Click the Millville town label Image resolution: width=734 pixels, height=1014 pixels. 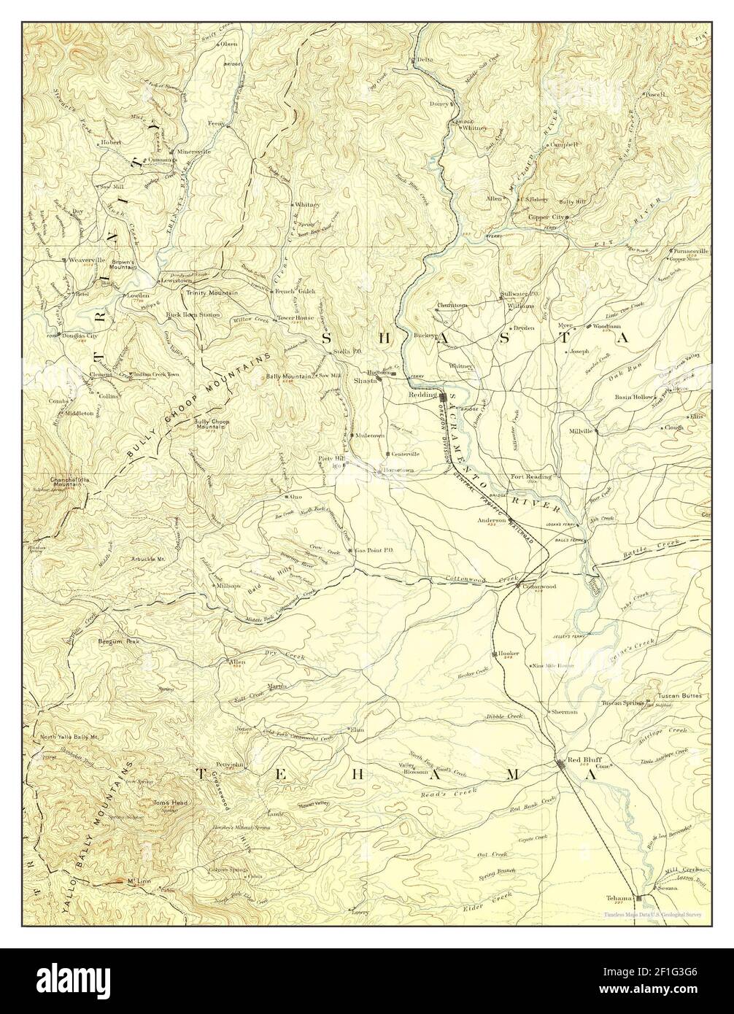pos(582,431)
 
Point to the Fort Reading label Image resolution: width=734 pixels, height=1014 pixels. pos(531,476)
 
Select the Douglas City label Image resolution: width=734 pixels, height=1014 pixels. pos(81,336)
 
